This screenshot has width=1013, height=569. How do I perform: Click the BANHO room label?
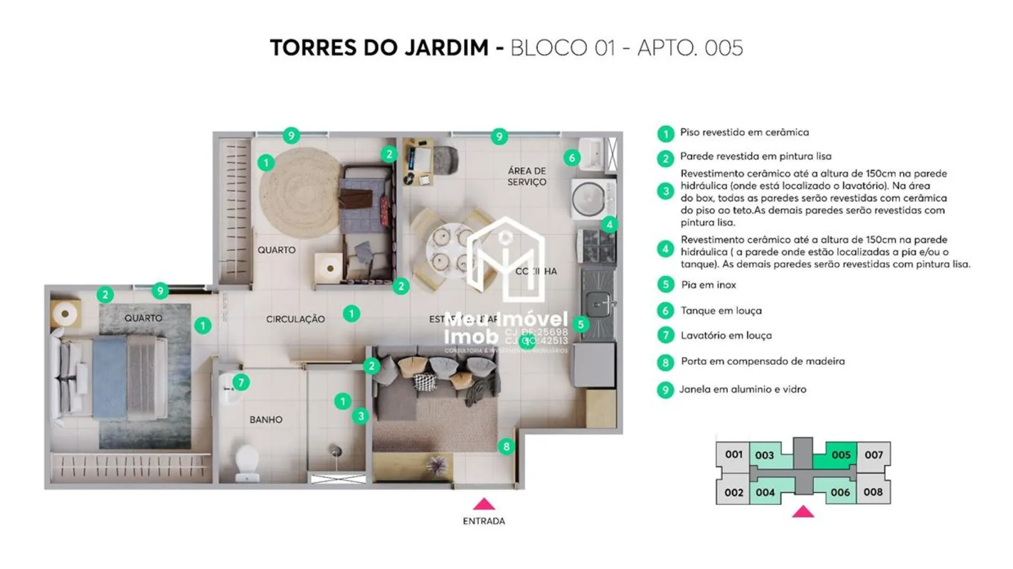point(265,420)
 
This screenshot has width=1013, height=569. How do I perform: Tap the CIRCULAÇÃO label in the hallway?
point(295,319)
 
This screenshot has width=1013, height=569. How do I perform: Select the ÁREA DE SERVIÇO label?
point(527,176)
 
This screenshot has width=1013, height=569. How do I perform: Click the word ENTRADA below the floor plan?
point(484,521)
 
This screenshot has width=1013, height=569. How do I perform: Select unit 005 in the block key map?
point(841,455)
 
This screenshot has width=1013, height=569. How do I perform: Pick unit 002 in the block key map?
point(733,492)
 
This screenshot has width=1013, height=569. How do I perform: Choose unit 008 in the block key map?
point(873,492)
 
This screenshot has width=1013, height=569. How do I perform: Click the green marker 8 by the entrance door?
point(506,447)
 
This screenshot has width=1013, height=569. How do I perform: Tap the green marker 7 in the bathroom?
point(241,383)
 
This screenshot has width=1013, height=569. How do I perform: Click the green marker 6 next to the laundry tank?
point(572,157)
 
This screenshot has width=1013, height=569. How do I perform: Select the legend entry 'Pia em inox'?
point(708,285)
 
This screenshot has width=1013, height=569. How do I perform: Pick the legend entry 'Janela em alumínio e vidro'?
point(743,390)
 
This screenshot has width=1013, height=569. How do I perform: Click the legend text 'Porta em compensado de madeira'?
point(763,361)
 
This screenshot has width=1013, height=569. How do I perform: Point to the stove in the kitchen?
point(598,246)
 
